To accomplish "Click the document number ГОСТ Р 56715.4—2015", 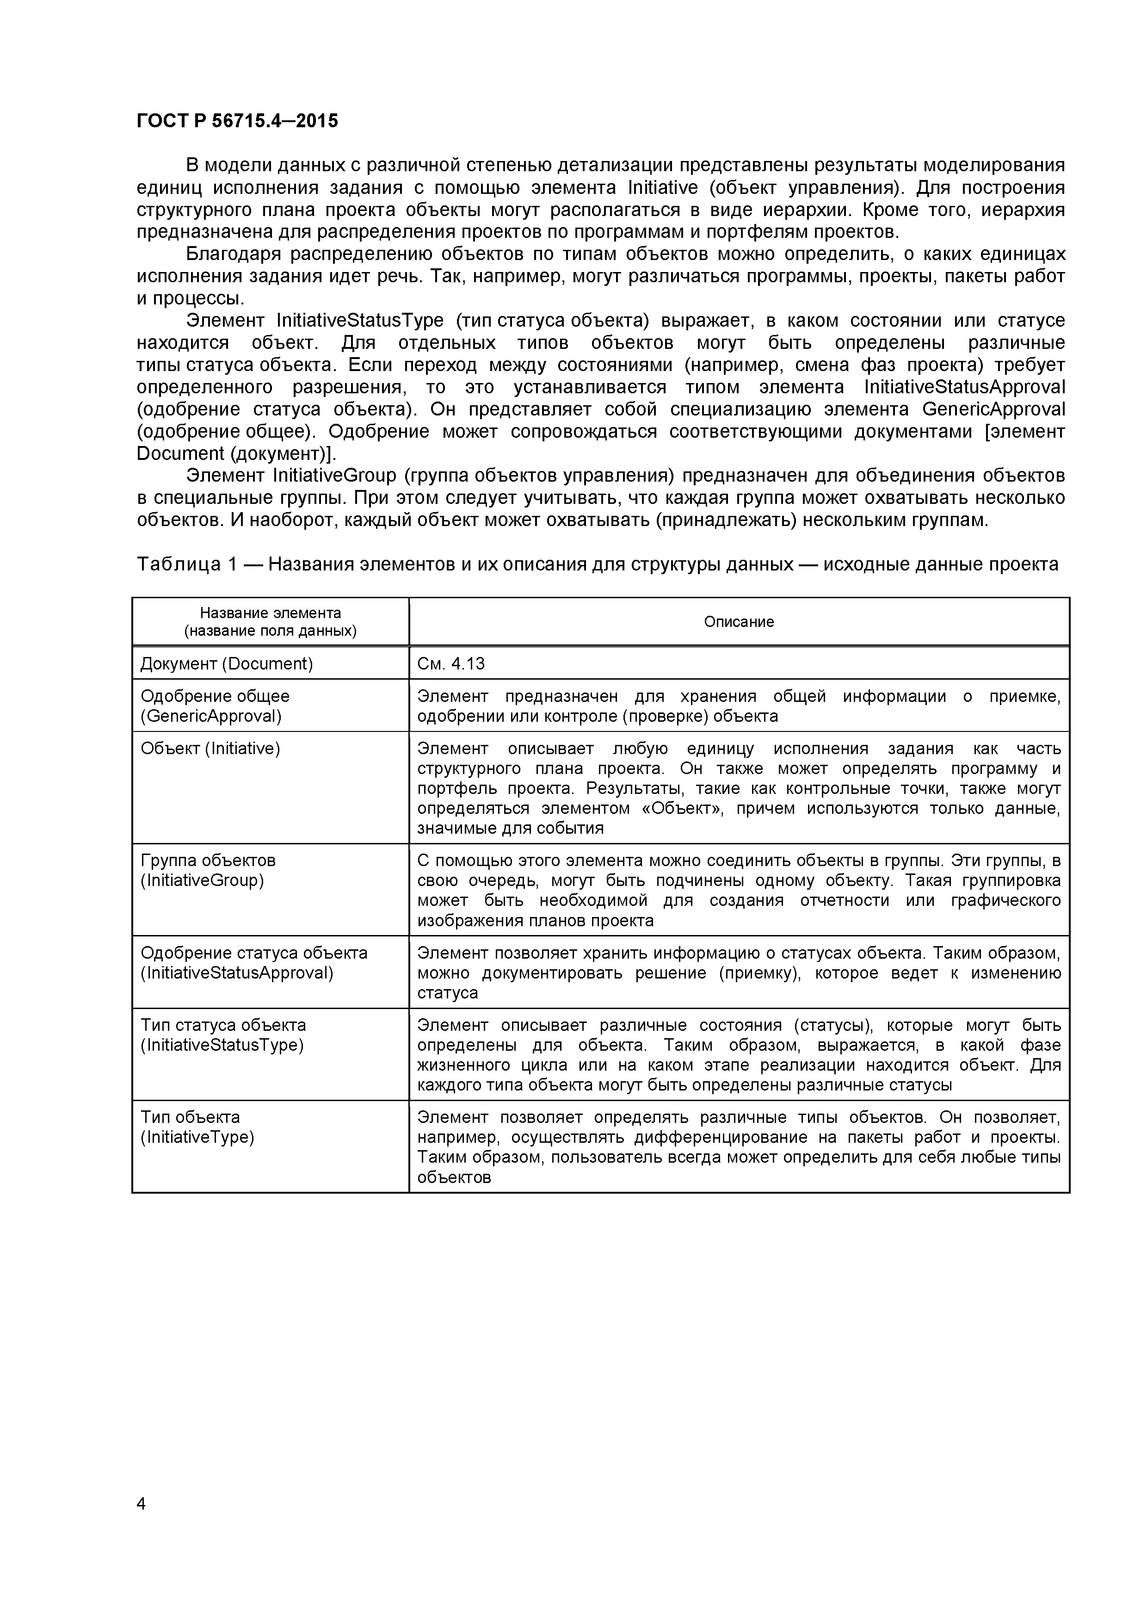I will [x=237, y=121].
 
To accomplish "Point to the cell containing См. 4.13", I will [x=451, y=663].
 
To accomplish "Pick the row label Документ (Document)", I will [x=226, y=663].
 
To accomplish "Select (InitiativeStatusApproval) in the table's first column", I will [x=237, y=972].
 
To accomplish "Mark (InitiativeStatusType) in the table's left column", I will [x=222, y=1045].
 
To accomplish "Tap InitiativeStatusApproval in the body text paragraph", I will [x=964, y=387].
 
